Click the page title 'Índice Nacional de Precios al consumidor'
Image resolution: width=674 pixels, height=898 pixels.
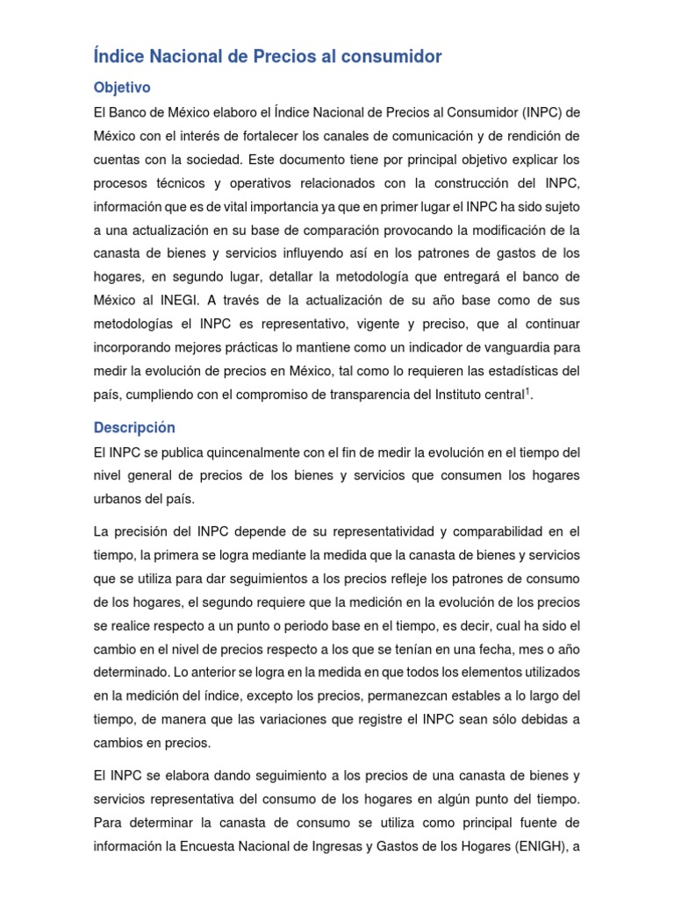tap(267, 57)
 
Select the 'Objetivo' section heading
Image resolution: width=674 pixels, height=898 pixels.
tap(122, 88)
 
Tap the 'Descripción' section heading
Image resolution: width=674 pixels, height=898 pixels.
tap(133, 427)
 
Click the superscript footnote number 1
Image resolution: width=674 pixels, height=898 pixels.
tap(527, 391)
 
